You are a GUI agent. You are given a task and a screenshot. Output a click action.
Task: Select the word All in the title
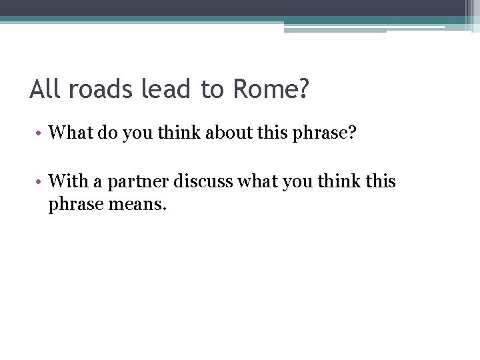(x=44, y=89)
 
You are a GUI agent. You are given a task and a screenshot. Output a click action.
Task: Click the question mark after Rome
(x=304, y=89)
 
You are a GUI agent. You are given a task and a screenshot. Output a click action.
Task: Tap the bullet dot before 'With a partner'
(x=40, y=181)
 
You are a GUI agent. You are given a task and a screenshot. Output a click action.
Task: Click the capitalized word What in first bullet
(x=71, y=134)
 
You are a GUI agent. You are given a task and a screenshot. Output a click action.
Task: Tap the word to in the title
(x=212, y=89)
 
